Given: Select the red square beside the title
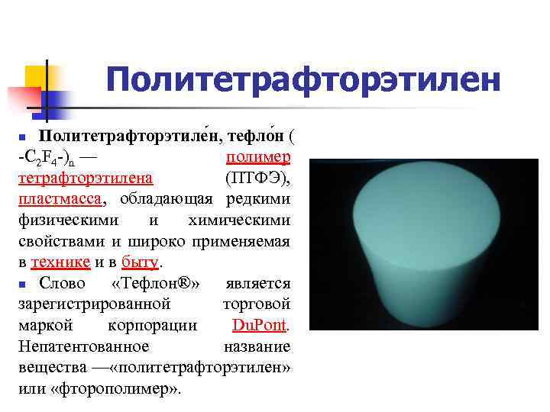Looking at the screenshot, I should pyautogui.click(x=22, y=100).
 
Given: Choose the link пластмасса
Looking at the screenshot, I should pyautogui.click(x=59, y=199).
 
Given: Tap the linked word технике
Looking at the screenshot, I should pyautogui.click(x=60, y=262).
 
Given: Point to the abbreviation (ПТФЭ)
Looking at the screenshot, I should pyautogui.click(x=257, y=178).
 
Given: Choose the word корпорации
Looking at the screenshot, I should pyautogui.click(x=153, y=326).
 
